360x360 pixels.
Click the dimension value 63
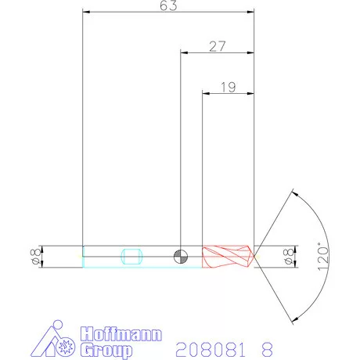tap(168, 5)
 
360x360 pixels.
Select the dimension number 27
tap(218, 46)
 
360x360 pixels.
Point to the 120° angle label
tap(324, 256)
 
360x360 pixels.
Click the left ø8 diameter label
tap(34, 256)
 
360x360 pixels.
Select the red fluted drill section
tap(227, 256)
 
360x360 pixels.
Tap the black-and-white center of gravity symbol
tap(181, 256)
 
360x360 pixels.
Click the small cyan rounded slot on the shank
tap(131, 256)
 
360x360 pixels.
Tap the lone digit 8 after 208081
tap(269, 347)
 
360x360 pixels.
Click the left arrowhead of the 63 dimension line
tap(86, 13)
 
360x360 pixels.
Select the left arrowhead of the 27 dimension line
tap(185, 53)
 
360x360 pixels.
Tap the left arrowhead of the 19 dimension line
tap(207, 94)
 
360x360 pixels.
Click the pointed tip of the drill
tap(256, 255)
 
